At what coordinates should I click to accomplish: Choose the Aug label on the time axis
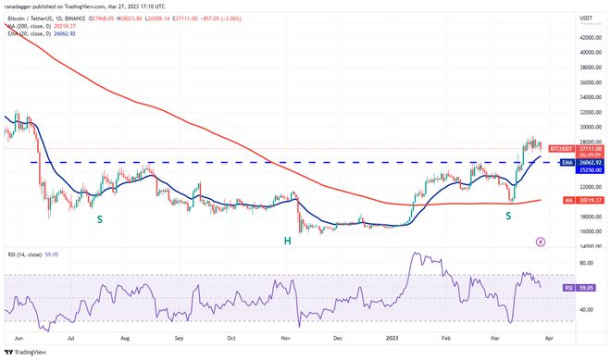pos(124,338)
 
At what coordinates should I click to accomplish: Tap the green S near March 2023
pos(508,215)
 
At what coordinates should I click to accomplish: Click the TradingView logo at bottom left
pos(29,350)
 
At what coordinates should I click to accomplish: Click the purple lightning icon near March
pos(541,242)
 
